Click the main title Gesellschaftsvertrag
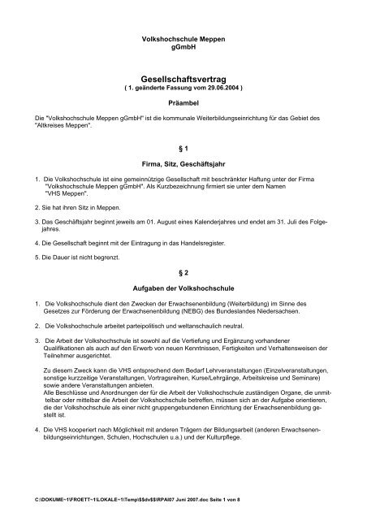tap(183, 72)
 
